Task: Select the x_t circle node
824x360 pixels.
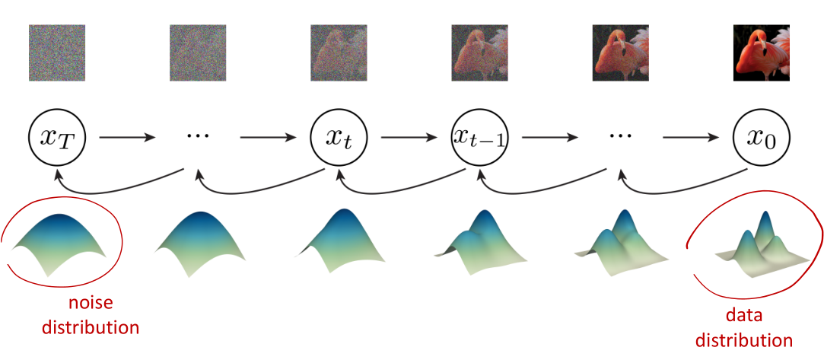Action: [x=339, y=138]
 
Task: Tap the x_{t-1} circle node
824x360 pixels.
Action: [x=479, y=138]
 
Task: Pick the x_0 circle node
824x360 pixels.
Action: [x=761, y=138]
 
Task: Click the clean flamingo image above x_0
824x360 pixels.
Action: [x=761, y=53]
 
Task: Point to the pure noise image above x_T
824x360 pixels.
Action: [x=57, y=53]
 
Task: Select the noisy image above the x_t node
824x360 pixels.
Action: [x=339, y=53]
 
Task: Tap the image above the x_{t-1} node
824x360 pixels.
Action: [x=479, y=53]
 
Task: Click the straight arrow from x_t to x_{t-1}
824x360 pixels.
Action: [x=409, y=139]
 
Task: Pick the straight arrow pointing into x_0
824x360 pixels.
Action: [x=691, y=139]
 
